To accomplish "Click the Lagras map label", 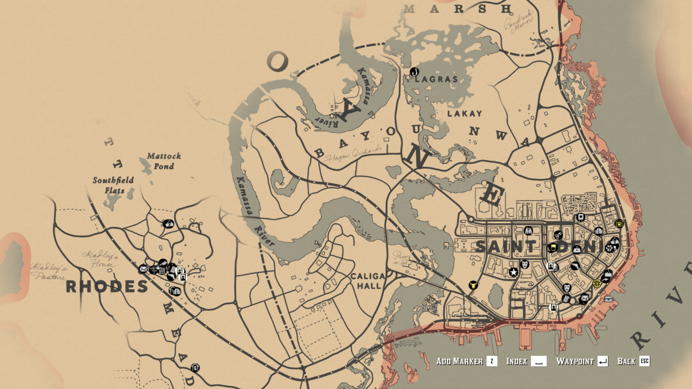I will (436, 79).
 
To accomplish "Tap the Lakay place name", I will (464, 113).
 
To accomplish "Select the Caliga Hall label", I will (368, 281).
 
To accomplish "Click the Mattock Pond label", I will (164, 161).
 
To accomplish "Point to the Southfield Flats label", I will (113, 185).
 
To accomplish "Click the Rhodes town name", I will (107, 286).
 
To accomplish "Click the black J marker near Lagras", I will (414, 72).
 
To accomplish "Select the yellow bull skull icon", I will (473, 285).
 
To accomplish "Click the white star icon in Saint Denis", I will (514, 272).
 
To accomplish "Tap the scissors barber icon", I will (558, 235).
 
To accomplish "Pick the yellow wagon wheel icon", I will (597, 283).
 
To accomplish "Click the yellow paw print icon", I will (619, 223).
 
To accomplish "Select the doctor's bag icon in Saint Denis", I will (577, 249).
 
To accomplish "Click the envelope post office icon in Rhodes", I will (143, 269).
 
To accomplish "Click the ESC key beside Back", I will (645, 361).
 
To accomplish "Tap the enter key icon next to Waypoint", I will (603, 361).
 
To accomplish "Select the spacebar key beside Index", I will (538, 361).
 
